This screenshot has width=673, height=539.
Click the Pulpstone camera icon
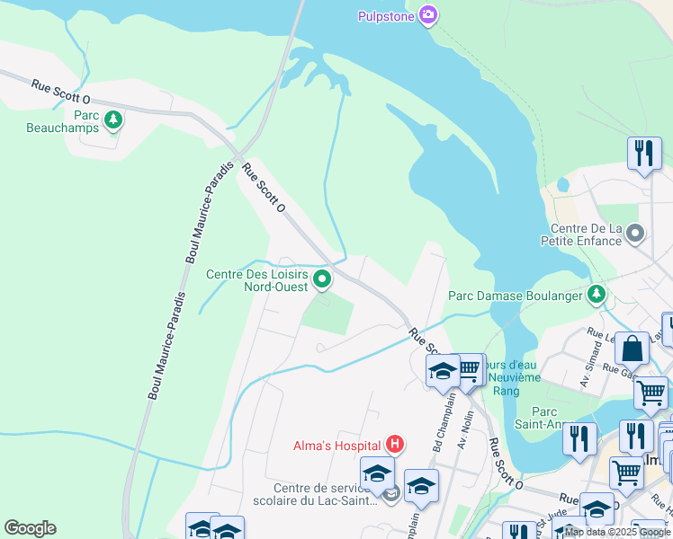[x=428, y=14]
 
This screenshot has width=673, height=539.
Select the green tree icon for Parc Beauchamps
[x=112, y=119]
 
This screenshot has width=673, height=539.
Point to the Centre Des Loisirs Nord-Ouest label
[x=257, y=280]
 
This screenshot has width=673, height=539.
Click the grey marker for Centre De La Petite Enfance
[x=636, y=234]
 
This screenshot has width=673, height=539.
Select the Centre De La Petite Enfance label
[x=580, y=234]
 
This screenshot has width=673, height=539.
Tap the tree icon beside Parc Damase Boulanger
[x=596, y=294]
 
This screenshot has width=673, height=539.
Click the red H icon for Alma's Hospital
[x=394, y=444]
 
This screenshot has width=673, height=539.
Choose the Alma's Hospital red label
[x=337, y=445]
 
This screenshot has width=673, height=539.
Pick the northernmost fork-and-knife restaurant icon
[x=644, y=153]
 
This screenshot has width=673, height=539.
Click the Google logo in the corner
[x=30, y=528]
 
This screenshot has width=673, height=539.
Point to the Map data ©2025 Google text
[x=618, y=532]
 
